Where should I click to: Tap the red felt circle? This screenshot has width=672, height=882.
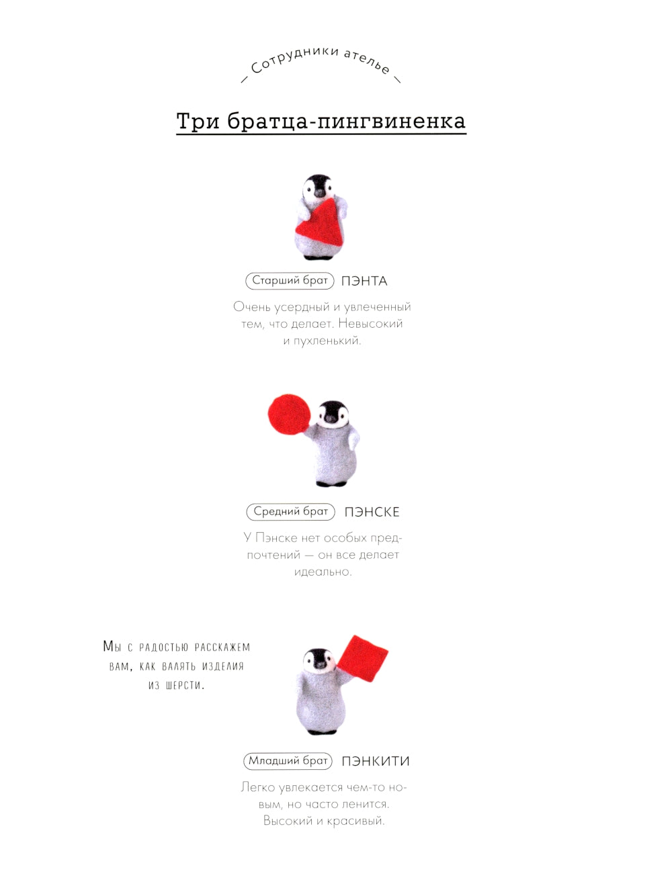pos(290,414)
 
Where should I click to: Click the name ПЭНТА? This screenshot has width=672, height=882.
pos(364,281)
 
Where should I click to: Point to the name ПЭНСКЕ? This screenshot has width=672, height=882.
pos(372,512)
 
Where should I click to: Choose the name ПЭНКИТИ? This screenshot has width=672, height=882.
pos(376,761)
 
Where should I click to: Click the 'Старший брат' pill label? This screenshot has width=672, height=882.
pos(290,281)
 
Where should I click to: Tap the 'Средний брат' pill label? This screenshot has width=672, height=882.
pos(290,511)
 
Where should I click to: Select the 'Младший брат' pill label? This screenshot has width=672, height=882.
pos(288,760)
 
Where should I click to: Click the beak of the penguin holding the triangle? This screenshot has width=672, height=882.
pos(319,193)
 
